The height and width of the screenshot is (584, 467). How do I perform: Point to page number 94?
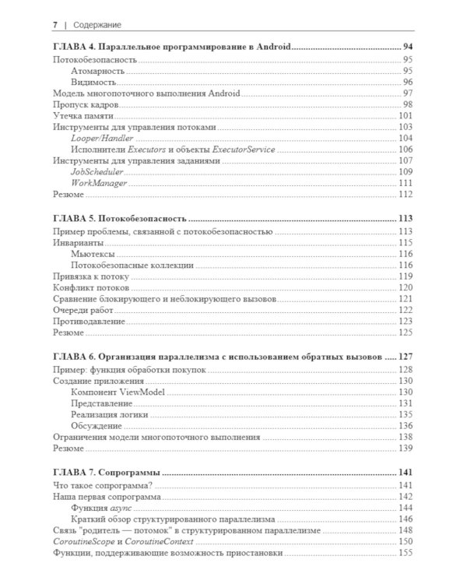pyautogui.click(x=406, y=47)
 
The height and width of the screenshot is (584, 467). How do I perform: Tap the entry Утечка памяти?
pyautogui.click(x=82, y=116)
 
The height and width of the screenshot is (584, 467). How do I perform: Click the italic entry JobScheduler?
pyautogui.click(x=98, y=171)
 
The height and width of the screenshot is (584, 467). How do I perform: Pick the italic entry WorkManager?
pyautogui.click(x=99, y=183)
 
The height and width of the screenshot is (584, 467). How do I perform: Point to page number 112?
pyautogui.click(x=405, y=194)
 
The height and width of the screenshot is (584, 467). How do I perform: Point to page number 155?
pyautogui.click(x=405, y=552)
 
